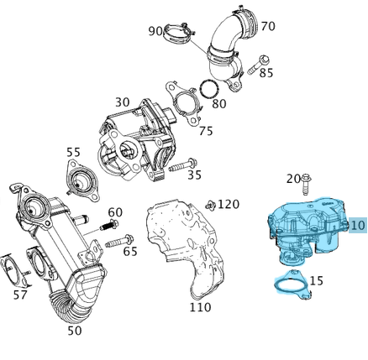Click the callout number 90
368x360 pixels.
pyautogui.click(x=156, y=31)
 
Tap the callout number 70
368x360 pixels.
pyautogui.click(x=267, y=26)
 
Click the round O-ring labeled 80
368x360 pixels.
pyautogui.click(x=208, y=89)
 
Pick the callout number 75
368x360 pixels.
pyautogui.click(x=206, y=131)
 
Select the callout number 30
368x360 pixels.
pyautogui.click(x=123, y=102)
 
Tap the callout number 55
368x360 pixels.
pyautogui.click(x=74, y=153)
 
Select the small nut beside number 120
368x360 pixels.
pyautogui.click(x=211, y=205)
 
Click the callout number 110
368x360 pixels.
pyautogui.click(x=200, y=307)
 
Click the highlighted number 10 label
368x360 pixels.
pyautogui.click(x=357, y=225)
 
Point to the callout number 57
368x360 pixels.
pyautogui.click(x=20, y=295)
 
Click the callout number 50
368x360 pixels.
pyautogui.click(x=75, y=331)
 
